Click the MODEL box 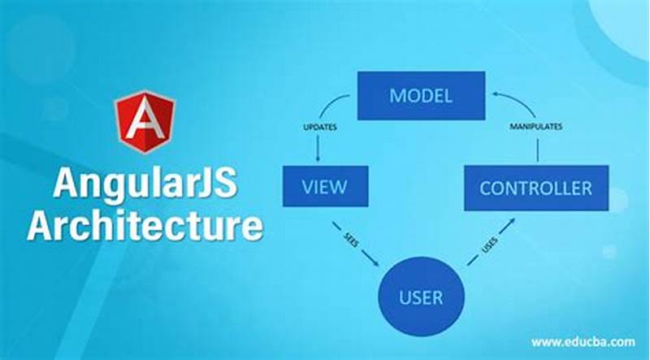click(421, 96)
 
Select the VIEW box click(324, 187)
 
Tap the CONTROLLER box click(535, 189)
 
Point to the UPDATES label click(320, 128)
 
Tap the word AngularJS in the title click(145, 184)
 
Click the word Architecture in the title click(145, 225)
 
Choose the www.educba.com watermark click(583, 342)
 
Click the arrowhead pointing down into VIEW click(318, 158)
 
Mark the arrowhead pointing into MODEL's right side click(492, 96)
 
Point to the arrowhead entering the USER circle click(375, 262)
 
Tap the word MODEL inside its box click(421, 96)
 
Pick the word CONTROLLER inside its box click(535, 189)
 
